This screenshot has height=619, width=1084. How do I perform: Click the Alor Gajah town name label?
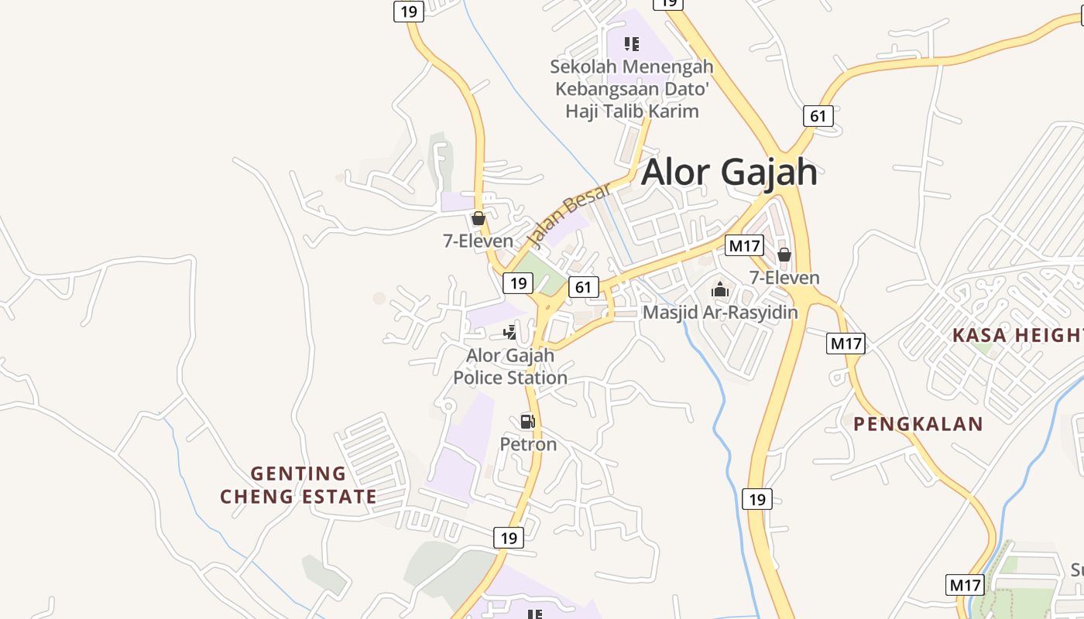click(x=729, y=172)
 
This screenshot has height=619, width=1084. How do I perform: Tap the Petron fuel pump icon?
click(x=527, y=422)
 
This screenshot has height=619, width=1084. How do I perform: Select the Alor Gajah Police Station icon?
click(x=509, y=333)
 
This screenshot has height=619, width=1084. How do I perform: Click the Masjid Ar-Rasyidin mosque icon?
click(x=720, y=290)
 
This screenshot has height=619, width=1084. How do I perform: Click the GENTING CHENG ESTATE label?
click(x=298, y=485)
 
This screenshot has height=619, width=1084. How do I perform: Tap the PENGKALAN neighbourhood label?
click(x=918, y=424)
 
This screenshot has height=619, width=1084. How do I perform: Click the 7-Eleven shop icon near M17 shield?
click(x=784, y=255)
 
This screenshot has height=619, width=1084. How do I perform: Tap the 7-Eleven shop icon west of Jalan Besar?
click(x=478, y=219)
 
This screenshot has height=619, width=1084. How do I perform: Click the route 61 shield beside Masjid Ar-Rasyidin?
click(x=583, y=287)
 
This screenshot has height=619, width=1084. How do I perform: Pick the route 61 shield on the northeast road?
click(x=818, y=116)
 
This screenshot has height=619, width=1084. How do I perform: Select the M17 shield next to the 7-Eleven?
click(x=744, y=246)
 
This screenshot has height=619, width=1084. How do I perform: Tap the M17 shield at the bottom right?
click(x=965, y=585)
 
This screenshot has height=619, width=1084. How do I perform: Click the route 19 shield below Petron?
click(x=508, y=538)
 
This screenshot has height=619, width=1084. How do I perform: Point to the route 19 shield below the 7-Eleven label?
click(x=518, y=282)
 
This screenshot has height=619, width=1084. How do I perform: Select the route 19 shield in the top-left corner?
click(x=408, y=11)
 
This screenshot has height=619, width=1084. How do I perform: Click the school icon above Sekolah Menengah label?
click(x=632, y=44)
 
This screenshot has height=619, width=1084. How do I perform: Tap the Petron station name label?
click(x=528, y=444)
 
